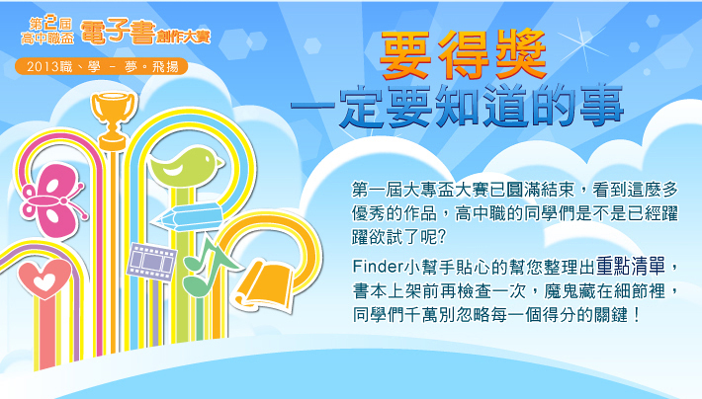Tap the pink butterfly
[52, 199]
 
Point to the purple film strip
[151, 262]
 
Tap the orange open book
[265, 285]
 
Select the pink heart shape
[44, 279]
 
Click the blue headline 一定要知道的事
[457, 107]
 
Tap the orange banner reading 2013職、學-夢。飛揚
[101, 66]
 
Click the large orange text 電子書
[119, 33]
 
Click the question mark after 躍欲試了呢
[441, 237]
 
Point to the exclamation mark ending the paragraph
[636, 315]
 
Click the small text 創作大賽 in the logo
[183, 37]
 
